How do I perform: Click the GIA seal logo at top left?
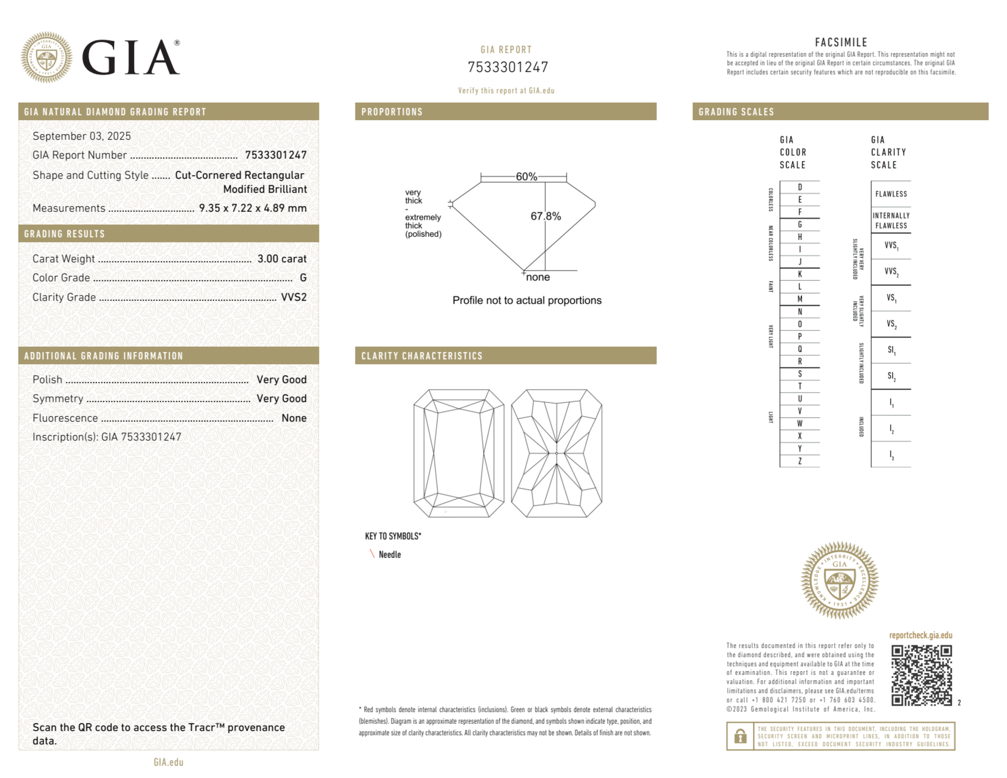(46, 57)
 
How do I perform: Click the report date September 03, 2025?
(82, 136)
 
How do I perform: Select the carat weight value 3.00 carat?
(282, 259)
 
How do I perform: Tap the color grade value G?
(303, 278)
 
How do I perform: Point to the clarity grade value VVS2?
(294, 297)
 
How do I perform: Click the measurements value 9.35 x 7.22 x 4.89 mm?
(253, 208)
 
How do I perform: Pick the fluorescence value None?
(294, 418)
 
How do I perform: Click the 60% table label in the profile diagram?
(526, 177)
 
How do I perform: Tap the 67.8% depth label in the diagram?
(546, 216)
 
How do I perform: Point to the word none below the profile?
(538, 277)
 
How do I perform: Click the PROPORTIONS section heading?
(392, 112)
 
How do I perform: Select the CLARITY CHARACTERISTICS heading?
(422, 356)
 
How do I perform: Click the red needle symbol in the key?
(372, 554)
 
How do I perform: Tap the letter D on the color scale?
(800, 187)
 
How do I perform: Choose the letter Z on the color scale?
(800, 461)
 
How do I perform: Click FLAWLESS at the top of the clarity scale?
(891, 194)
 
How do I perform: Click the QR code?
(921, 675)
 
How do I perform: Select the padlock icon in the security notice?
(740, 736)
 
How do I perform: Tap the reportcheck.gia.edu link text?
(920, 635)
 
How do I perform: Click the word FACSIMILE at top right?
(841, 42)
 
